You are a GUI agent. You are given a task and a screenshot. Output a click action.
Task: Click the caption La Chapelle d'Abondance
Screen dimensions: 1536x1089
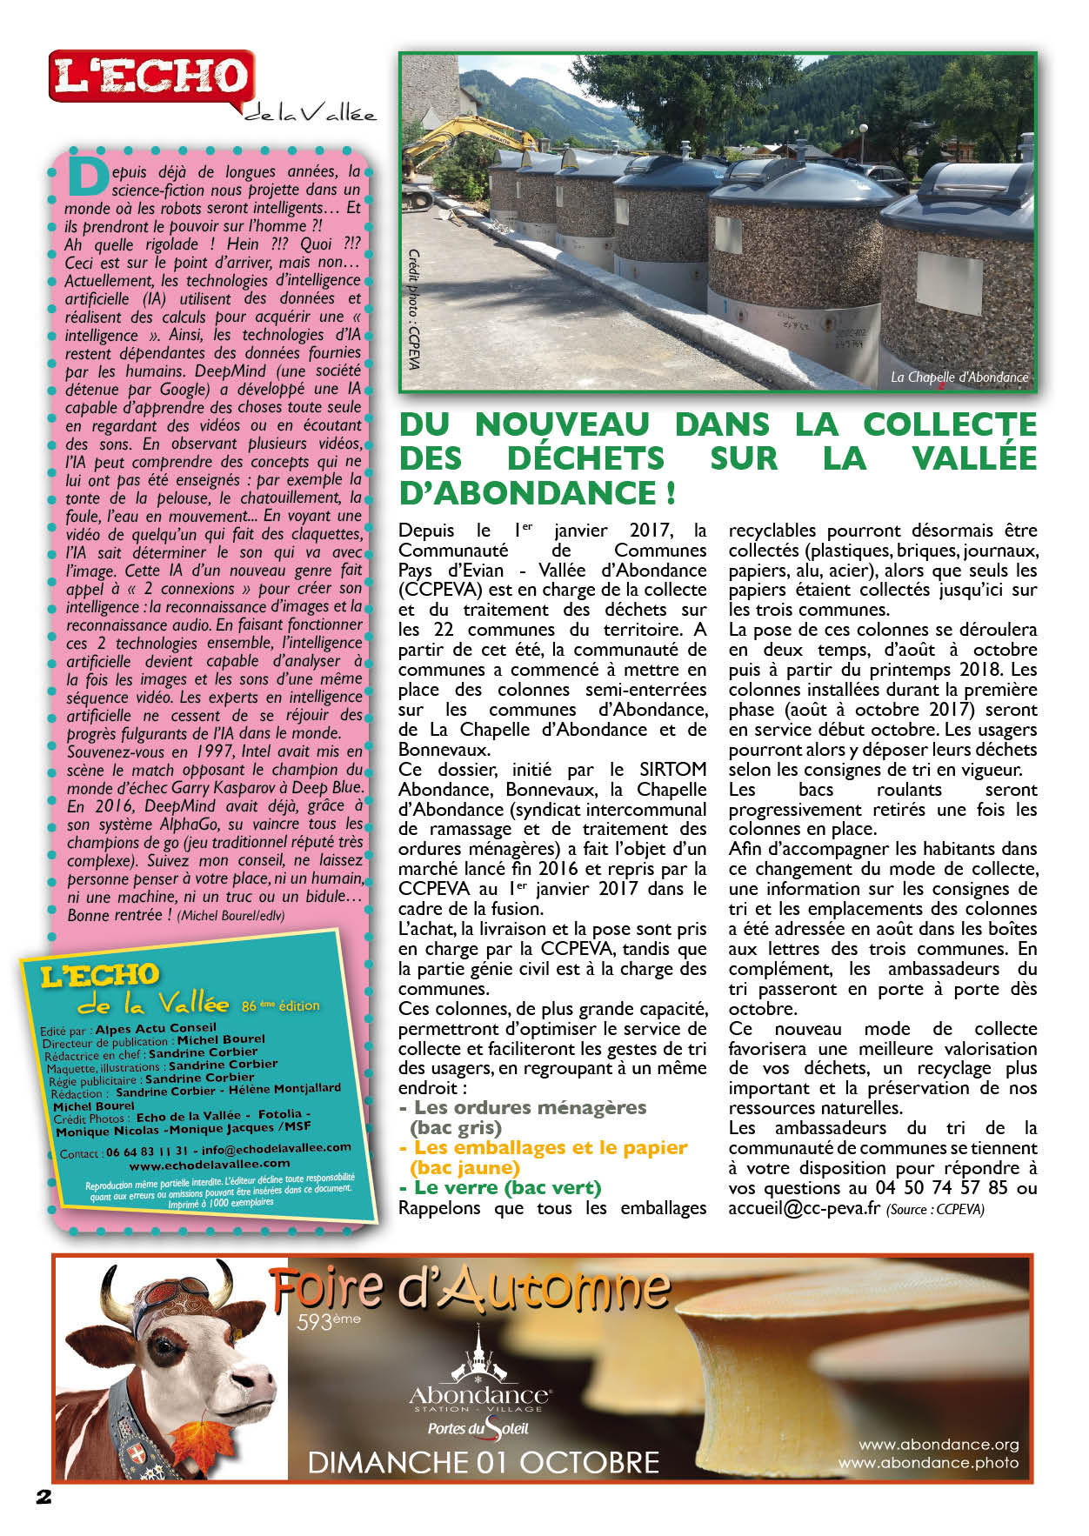click(x=959, y=377)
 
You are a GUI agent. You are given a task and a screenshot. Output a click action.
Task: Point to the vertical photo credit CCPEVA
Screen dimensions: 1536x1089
click(x=414, y=309)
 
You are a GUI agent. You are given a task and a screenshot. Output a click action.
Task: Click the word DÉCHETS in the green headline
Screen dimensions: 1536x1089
click(x=585, y=458)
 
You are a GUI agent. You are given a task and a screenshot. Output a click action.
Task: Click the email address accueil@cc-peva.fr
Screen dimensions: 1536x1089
click(x=805, y=1208)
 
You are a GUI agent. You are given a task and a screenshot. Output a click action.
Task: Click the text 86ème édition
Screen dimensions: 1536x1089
click(x=280, y=1005)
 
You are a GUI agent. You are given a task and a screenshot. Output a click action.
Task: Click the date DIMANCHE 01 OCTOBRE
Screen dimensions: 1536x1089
click(x=484, y=1462)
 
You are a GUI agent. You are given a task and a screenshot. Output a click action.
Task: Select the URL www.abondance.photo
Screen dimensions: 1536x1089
click(x=927, y=1463)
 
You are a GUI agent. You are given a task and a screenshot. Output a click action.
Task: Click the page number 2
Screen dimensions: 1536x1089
click(x=43, y=1497)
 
